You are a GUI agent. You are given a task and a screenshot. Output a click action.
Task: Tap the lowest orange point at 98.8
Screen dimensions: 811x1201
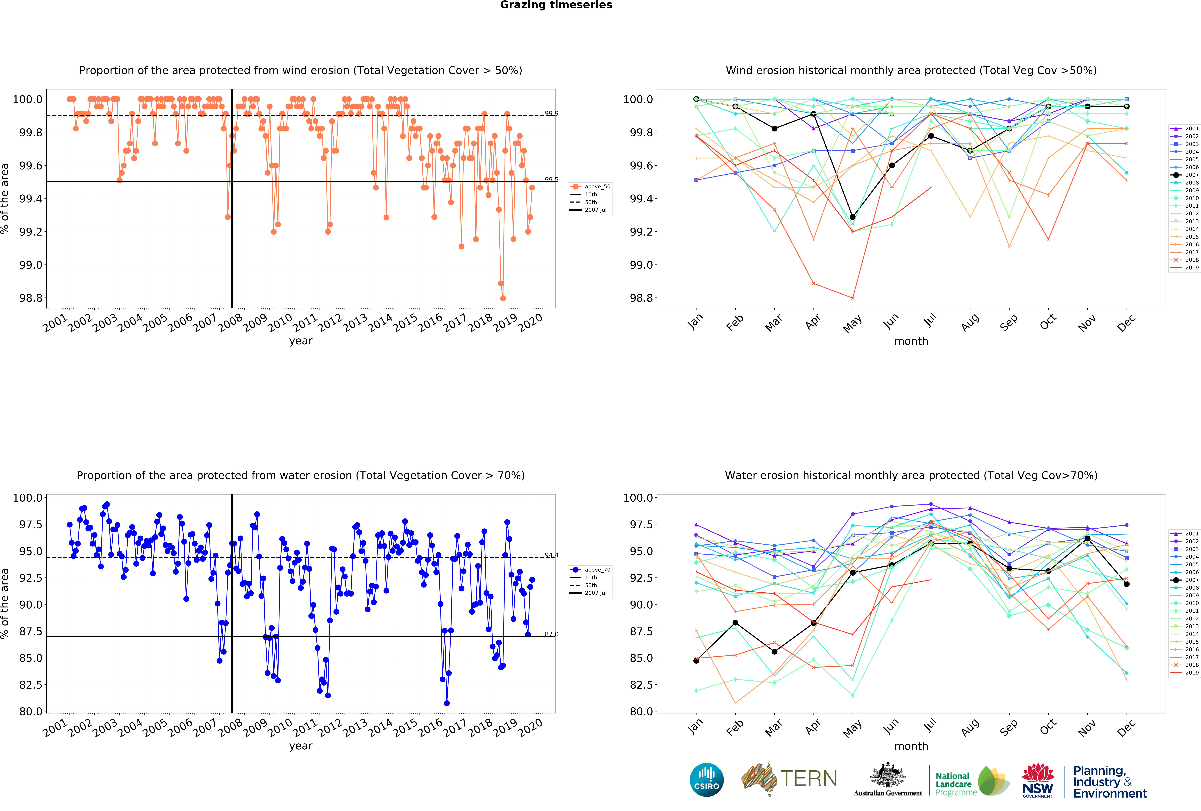[x=503, y=298]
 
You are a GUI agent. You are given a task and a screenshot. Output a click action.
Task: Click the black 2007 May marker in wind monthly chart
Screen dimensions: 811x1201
[x=853, y=217]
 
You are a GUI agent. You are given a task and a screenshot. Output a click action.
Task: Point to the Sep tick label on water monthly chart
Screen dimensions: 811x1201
[x=1008, y=727]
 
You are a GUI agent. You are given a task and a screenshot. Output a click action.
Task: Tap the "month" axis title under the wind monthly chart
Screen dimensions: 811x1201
[x=911, y=341]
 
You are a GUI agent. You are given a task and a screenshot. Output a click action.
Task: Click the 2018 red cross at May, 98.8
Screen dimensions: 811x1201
[x=853, y=298]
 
